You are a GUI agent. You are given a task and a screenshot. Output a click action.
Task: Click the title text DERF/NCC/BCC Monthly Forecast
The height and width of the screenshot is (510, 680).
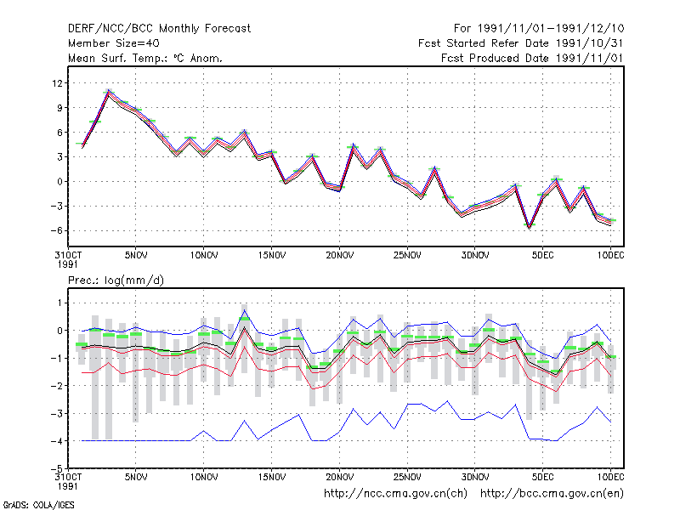click(159, 29)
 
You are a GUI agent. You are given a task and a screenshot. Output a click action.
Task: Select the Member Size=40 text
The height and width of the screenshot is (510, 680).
click(114, 43)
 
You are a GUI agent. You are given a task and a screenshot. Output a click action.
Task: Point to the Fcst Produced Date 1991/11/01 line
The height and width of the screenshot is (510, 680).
click(532, 58)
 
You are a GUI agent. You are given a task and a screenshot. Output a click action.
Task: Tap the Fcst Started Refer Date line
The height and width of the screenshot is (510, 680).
click(520, 43)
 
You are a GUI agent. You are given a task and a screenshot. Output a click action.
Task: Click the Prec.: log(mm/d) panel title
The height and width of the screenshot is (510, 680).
click(116, 280)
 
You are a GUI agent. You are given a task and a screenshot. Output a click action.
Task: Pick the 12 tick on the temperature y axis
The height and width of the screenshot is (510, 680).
click(57, 82)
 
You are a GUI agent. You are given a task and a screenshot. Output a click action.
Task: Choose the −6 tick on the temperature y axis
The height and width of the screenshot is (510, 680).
click(56, 230)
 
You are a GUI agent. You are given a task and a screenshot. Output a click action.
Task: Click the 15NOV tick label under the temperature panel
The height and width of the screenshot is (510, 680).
click(272, 255)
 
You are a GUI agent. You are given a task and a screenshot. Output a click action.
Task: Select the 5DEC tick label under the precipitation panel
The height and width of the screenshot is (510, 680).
click(543, 477)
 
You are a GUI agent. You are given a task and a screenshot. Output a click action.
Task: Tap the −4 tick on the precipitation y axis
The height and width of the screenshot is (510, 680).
click(56, 441)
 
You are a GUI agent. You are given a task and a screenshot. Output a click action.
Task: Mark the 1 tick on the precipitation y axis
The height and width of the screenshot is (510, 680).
click(59, 303)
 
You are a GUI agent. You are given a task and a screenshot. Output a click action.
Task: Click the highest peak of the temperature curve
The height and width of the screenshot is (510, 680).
click(109, 91)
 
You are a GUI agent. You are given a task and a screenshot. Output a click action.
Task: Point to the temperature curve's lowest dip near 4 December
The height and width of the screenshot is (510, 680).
click(529, 227)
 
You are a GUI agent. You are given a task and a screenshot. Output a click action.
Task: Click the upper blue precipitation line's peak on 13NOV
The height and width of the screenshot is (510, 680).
click(245, 309)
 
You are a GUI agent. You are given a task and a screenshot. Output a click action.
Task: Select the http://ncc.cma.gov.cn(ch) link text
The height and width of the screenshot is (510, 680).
click(395, 494)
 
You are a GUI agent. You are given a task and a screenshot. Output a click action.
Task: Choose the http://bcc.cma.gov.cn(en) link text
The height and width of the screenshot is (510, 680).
click(552, 494)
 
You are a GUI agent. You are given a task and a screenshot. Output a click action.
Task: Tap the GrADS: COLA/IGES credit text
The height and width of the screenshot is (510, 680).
click(38, 505)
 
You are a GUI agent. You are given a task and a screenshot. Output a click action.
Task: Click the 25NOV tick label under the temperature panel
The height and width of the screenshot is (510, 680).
click(407, 255)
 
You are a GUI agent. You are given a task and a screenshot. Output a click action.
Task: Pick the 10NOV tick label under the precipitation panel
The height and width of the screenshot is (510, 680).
click(204, 477)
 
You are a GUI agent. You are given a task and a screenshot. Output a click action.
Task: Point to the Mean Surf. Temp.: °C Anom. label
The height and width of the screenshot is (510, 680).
click(145, 58)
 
